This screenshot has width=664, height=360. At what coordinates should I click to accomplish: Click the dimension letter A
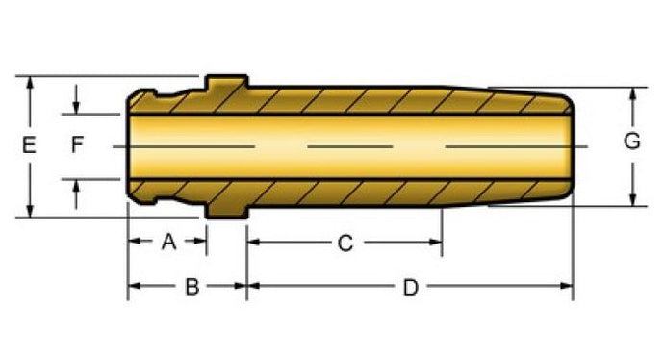coord(168,242)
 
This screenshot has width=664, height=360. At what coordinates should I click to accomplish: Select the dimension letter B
coord(192,287)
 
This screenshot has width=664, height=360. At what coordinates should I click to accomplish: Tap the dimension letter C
coord(345,244)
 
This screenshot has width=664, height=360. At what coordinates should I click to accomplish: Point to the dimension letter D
coord(410,288)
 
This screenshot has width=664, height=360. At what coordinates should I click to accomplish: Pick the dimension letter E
coord(28,144)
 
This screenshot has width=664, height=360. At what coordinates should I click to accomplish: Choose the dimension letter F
coord(77,144)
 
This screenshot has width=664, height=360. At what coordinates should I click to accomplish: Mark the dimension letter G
coord(632,141)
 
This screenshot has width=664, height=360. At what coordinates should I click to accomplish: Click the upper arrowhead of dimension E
coord(30,83)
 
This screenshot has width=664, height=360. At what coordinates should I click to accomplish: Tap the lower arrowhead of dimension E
coord(30,211)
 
